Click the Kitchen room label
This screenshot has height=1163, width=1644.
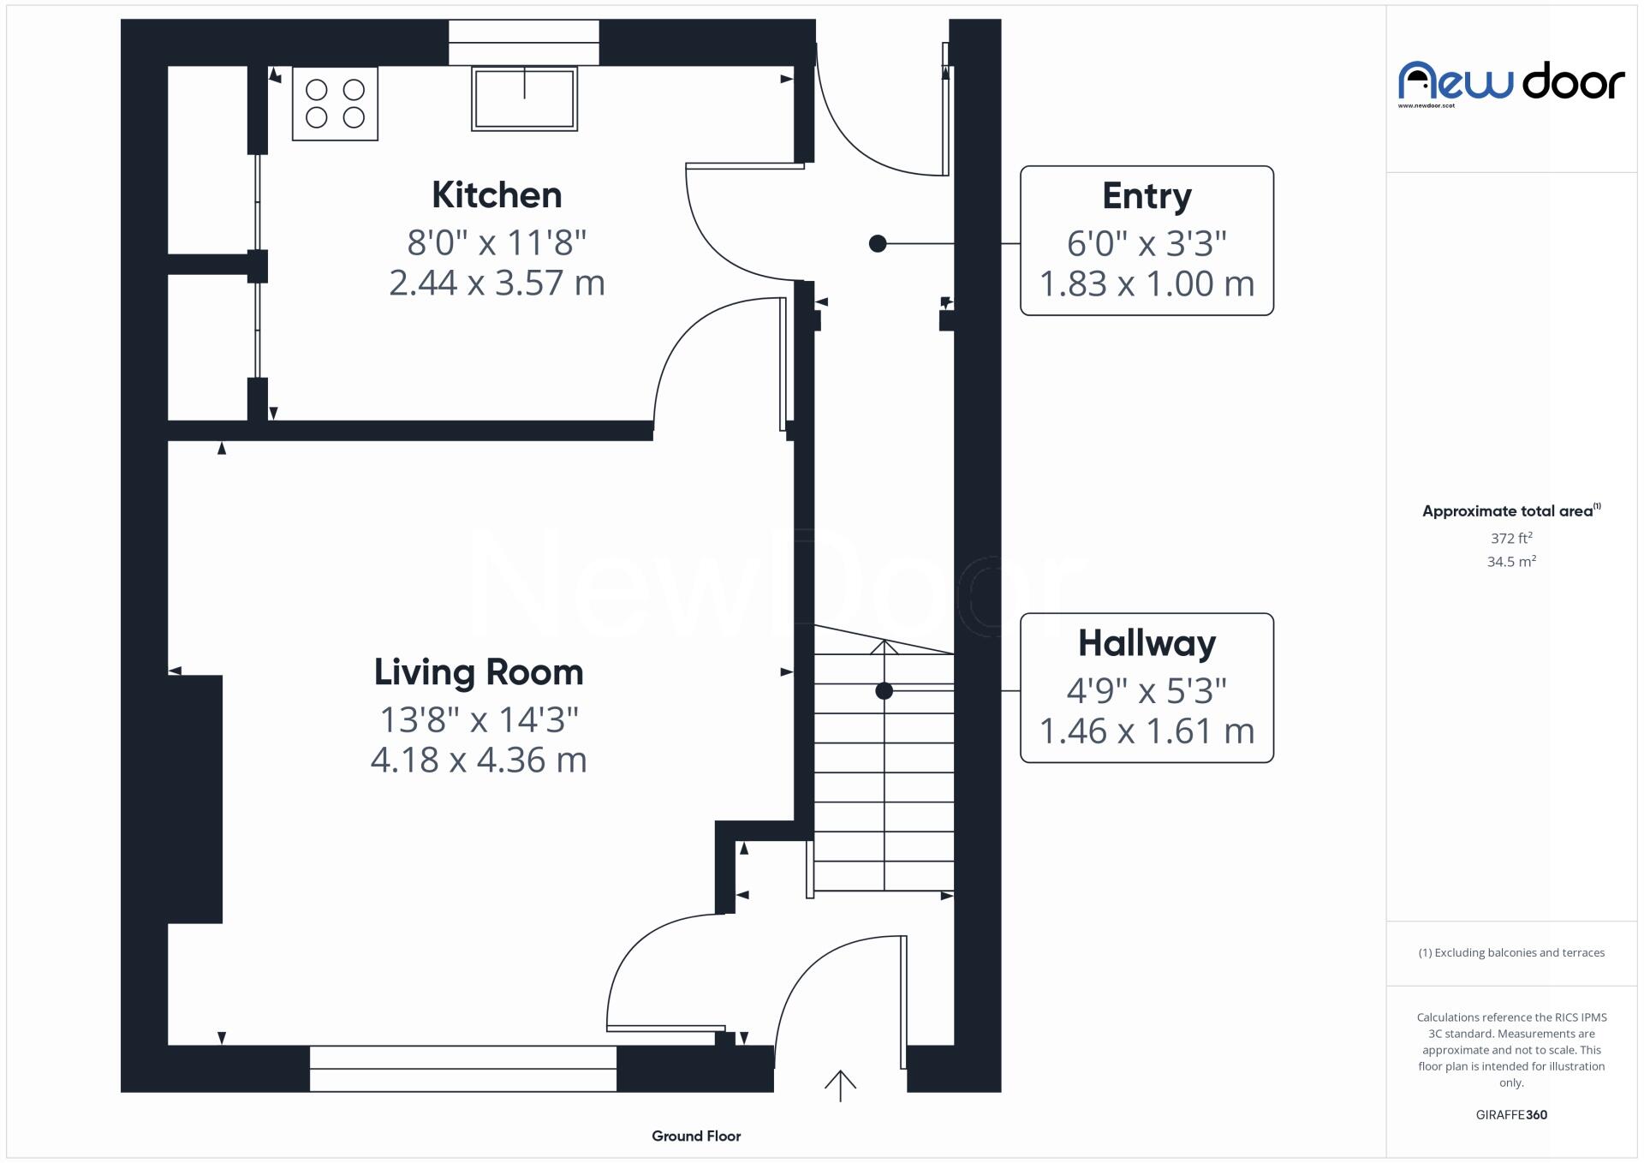click(497, 195)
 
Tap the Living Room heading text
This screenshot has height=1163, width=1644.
click(478, 672)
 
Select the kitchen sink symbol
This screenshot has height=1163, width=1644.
click(524, 98)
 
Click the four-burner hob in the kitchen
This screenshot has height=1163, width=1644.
click(335, 104)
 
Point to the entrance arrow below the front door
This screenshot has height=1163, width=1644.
click(840, 1086)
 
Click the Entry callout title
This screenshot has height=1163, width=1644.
click(1146, 196)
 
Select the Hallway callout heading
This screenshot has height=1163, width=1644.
click(1146, 643)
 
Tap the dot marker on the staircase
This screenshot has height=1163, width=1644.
click(884, 691)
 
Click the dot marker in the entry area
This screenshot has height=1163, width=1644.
click(877, 244)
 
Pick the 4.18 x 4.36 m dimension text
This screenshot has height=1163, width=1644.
click(478, 760)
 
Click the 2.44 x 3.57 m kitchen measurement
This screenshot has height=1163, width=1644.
click(497, 283)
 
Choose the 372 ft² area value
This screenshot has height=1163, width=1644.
click(1510, 539)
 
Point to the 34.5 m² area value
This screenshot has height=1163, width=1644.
click(1510, 562)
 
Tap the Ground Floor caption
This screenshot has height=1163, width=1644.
click(695, 1136)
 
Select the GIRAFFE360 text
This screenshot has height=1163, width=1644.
click(1510, 1115)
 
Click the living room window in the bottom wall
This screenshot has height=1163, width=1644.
click(462, 1068)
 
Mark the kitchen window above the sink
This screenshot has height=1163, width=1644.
click(523, 42)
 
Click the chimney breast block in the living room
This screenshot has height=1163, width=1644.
click(195, 799)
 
